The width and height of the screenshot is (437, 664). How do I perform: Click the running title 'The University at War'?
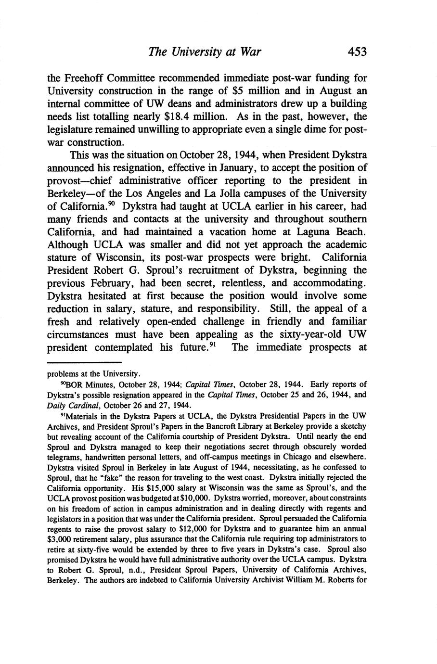tap(205, 52)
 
